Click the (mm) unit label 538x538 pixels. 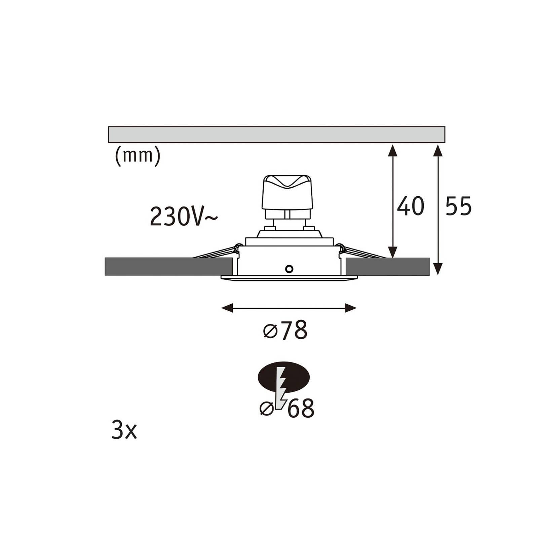(x=138, y=156)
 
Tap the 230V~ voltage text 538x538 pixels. (x=184, y=216)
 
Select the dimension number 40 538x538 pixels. (x=411, y=206)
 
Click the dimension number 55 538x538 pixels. (x=458, y=206)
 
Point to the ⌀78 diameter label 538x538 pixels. (x=285, y=330)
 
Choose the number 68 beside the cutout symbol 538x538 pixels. (x=301, y=409)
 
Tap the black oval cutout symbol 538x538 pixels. (x=283, y=377)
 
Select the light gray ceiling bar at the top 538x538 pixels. (x=276, y=134)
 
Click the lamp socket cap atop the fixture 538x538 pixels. (x=287, y=192)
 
